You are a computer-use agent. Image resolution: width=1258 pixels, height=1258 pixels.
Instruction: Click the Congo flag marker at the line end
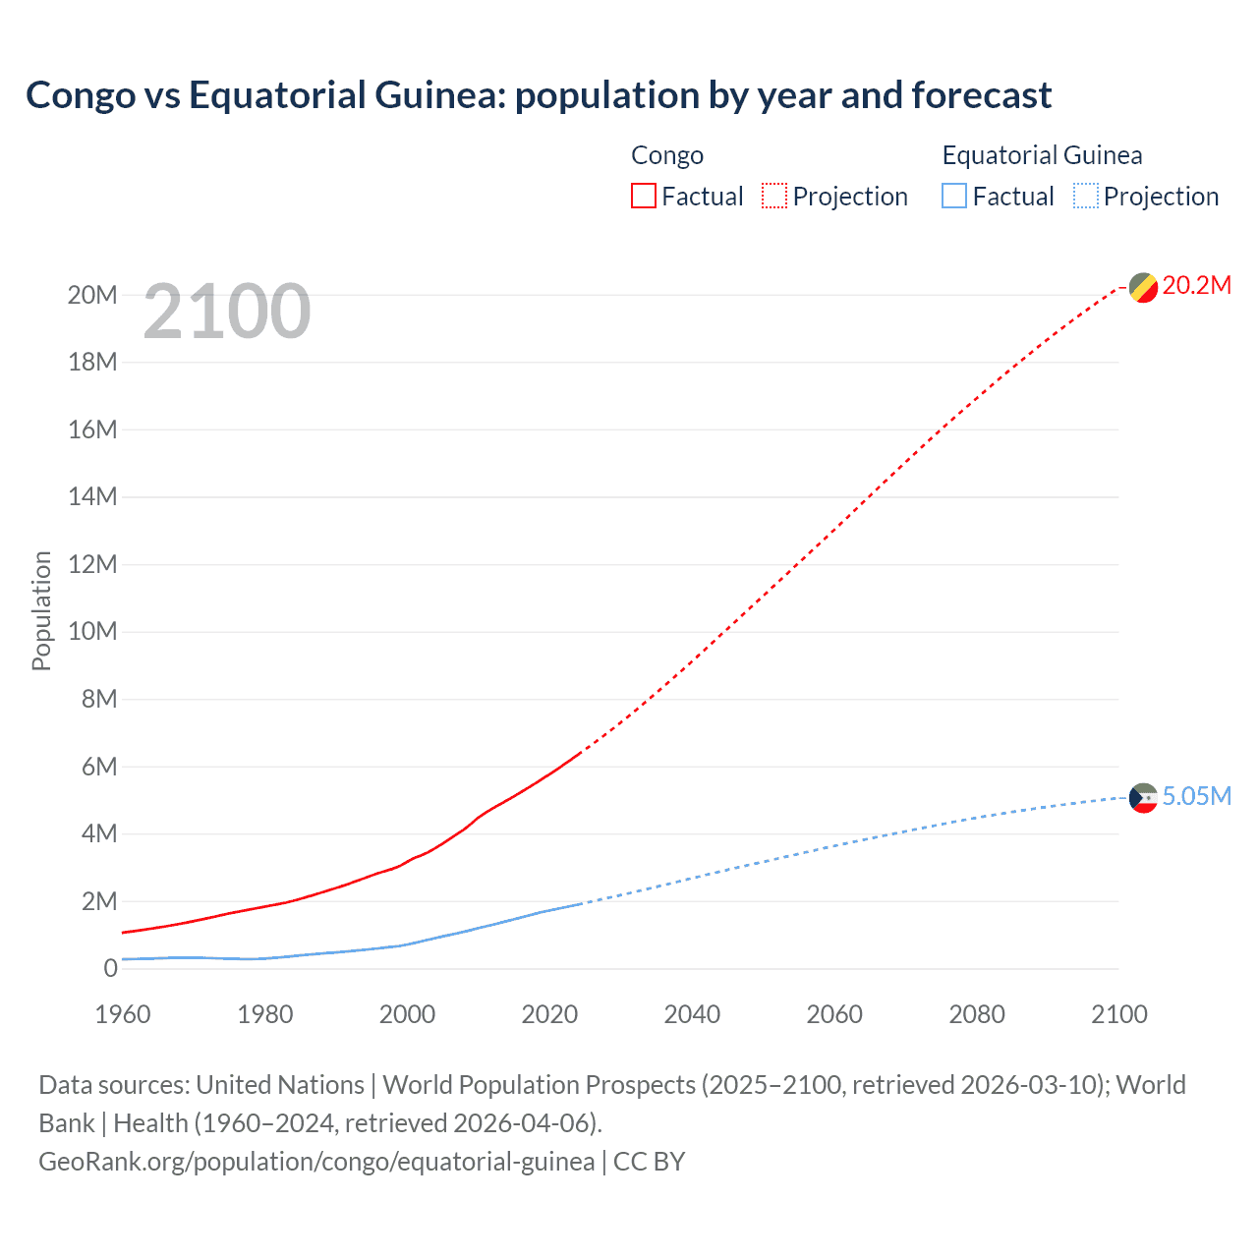point(1143,287)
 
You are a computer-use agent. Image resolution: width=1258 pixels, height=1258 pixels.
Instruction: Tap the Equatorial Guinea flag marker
point(1143,798)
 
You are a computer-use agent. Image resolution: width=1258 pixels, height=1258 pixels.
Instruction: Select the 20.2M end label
point(1196,285)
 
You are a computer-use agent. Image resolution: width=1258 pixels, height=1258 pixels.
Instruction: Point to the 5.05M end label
point(1196,796)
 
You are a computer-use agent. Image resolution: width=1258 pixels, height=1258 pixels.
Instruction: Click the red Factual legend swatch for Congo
point(643,197)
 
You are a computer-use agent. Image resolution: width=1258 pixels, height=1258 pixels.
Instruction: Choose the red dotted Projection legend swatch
point(774,197)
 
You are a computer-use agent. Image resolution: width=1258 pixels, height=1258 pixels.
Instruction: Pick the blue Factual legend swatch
point(954,197)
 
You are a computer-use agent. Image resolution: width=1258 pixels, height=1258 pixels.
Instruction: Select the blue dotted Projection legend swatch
point(1086,197)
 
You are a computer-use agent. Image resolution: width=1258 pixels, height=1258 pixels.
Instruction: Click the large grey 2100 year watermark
point(227,312)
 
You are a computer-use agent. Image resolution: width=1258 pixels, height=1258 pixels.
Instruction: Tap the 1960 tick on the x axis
point(123,1014)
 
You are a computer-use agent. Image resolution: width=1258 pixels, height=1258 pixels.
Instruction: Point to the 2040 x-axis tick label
point(692,1014)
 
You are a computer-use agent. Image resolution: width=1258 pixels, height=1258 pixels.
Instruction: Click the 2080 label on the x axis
point(977,1014)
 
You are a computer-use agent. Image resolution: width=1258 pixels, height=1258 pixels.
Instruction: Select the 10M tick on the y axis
point(92,631)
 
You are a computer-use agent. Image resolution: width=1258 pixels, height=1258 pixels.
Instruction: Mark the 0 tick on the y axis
point(110,968)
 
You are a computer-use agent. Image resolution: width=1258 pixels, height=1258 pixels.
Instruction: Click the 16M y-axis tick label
point(92,429)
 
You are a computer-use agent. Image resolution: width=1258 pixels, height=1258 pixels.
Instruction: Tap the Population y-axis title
point(41,610)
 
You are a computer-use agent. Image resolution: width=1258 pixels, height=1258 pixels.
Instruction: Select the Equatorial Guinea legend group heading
point(1042,155)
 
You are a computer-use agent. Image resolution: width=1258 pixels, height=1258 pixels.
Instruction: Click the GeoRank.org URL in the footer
point(316,1162)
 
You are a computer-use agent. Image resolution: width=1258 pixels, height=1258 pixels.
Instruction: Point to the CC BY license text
point(649,1162)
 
